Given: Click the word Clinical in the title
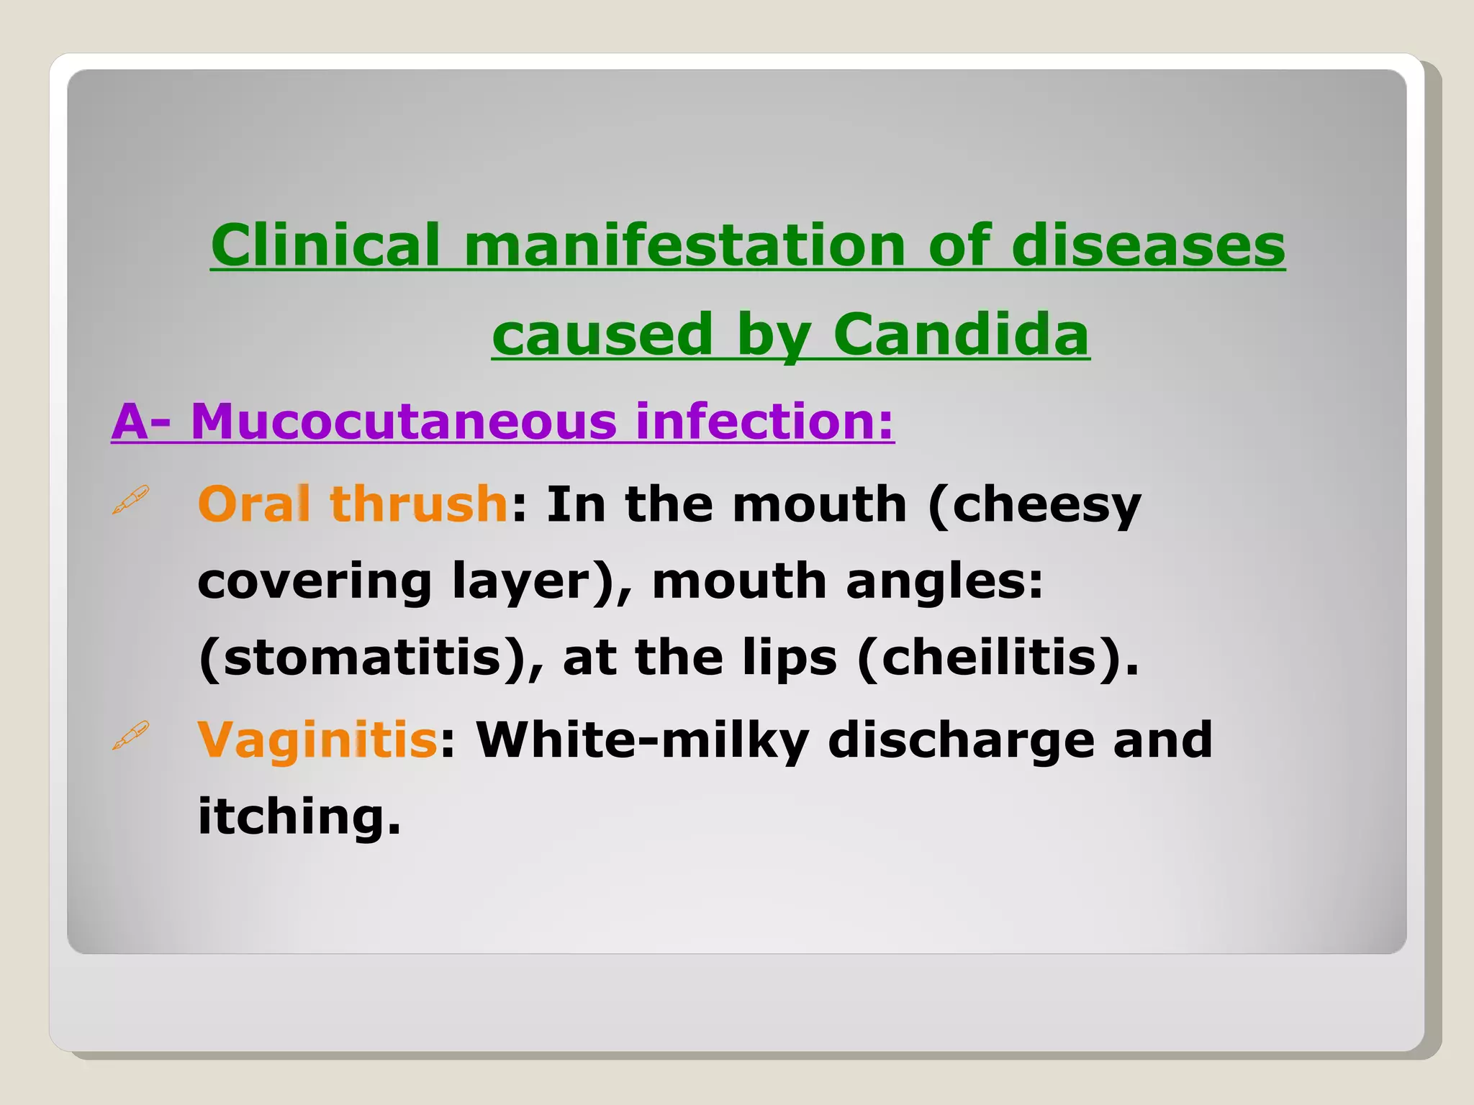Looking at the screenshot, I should pos(325,245).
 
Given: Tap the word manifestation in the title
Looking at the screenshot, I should pos(684,245).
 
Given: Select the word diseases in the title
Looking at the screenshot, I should pos(1148,245).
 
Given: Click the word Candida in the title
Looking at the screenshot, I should pos(961,335).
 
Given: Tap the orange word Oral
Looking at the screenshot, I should pos(254,504).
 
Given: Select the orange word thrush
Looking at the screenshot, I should pos(419,504).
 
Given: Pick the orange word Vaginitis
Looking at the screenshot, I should pos(317,740).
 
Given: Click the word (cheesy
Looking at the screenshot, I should pos(1034,505).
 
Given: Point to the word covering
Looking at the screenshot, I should pos(315,581).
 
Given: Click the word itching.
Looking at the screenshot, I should pos(299,817).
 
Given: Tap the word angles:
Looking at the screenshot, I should pos(944,581).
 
